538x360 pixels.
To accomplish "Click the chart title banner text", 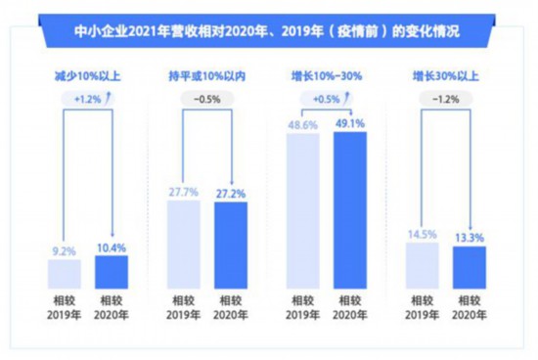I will pyautogui.click(x=268, y=32).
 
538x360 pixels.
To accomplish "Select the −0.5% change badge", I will pyautogui.click(x=205, y=98).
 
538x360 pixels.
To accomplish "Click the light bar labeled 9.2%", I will pyautogui.click(x=65, y=273).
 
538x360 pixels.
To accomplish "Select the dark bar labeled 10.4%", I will pyautogui.click(x=112, y=271).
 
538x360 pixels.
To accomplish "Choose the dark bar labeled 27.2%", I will pyautogui.click(x=232, y=245).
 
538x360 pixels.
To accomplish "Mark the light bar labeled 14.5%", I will pyautogui.click(x=423, y=265).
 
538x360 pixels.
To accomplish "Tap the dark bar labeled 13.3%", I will pyautogui.click(x=470, y=267).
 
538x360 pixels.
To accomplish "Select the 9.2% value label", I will pyautogui.click(x=65, y=250).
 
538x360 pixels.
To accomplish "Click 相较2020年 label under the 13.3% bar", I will pyautogui.click(x=470, y=307).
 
